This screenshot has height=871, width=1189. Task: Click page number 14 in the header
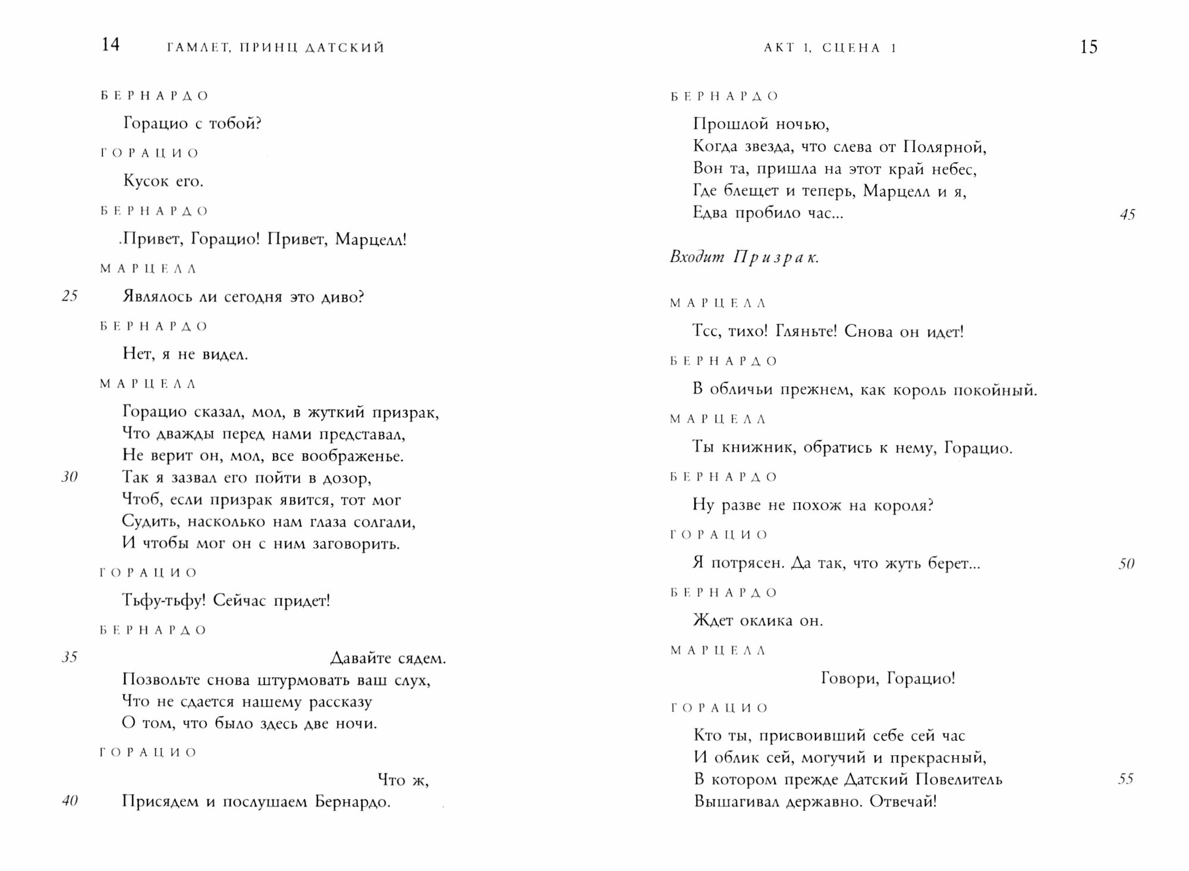(111, 45)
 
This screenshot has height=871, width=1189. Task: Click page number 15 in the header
(1088, 47)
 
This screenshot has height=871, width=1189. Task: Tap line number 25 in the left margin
(70, 296)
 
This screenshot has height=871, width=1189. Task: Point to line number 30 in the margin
(70, 476)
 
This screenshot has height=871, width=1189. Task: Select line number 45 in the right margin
(1127, 214)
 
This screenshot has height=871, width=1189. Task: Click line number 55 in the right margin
(1125, 779)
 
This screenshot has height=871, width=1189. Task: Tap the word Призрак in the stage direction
(776, 257)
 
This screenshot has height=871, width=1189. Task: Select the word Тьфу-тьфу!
(163, 600)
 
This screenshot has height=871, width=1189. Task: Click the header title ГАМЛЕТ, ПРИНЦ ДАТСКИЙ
(276, 48)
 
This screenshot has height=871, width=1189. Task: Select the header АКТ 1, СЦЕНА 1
(830, 48)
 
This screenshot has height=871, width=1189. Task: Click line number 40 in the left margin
(70, 801)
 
